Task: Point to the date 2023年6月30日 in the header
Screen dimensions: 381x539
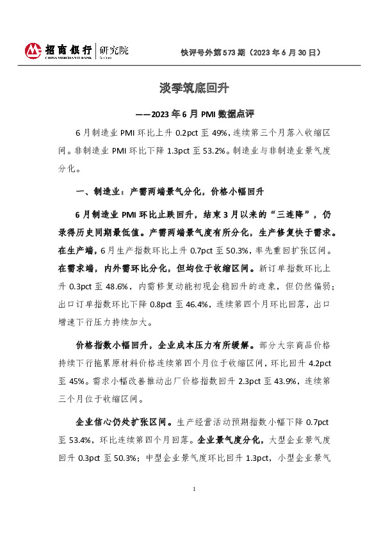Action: click(x=284, y=52)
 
